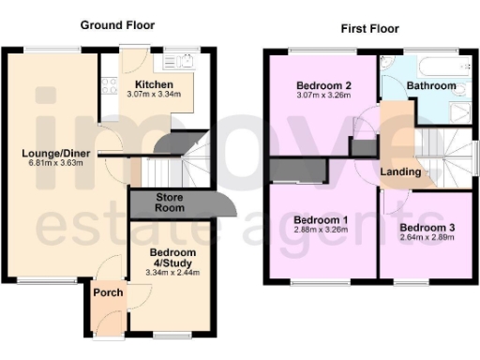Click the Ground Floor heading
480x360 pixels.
pos(117,24)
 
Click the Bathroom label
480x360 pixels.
pos(430,85)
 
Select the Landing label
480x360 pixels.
pos(400,172)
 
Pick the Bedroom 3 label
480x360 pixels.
pos(427,227)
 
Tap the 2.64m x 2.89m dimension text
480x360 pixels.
pos(427,238)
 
